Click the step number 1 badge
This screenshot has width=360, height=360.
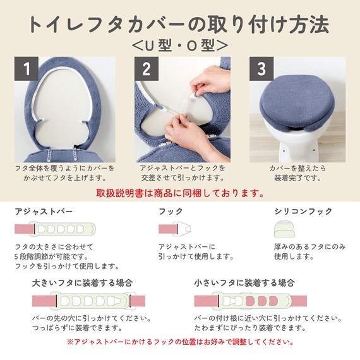tap(26, 68)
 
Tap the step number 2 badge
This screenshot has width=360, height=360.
tap(146, 68)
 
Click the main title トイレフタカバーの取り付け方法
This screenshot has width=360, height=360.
tap(180, 25)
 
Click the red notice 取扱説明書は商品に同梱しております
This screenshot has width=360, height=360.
tap(180, 193)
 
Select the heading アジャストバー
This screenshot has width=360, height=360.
tap(44, 212)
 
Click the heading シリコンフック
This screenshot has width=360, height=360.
tap(303, 212)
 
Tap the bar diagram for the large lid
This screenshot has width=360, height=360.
tap(81, 301)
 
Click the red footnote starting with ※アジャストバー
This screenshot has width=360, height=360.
tap(180, 342)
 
